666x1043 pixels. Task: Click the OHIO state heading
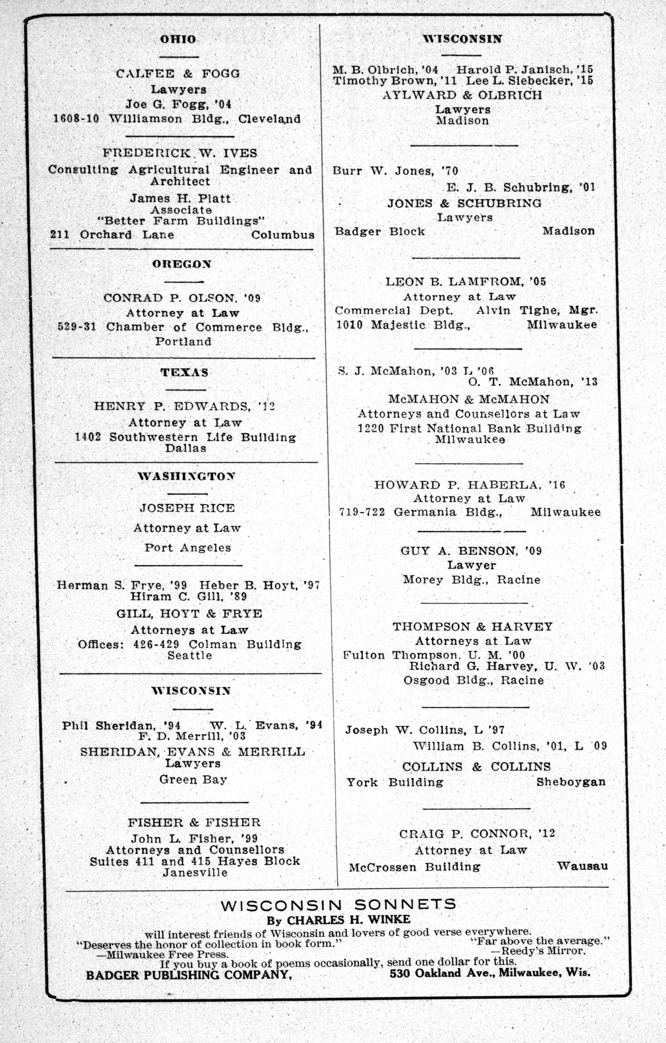click(178, 39)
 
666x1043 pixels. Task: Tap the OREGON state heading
click(182, 264)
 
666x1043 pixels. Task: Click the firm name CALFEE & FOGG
click(178, 74)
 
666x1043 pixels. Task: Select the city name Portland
click(184, 341)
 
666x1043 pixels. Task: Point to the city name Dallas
click(186, 448)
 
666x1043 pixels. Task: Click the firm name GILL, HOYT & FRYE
click(189, 614)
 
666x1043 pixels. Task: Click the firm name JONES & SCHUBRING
click(464, 203)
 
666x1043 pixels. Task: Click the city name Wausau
click(582, 866)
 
